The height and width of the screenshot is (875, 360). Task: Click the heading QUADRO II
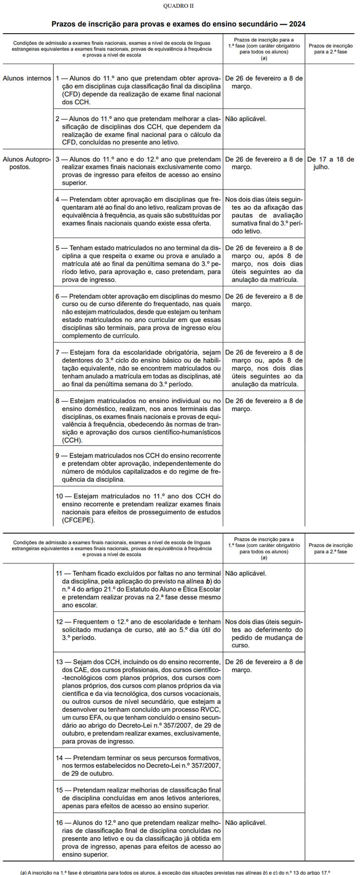179,5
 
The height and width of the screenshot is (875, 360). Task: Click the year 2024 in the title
297,24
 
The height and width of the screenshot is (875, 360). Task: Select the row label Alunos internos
27,78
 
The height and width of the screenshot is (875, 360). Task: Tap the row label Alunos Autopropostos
27,163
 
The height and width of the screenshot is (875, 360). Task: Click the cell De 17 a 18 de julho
330,163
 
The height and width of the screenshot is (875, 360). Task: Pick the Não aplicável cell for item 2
246,119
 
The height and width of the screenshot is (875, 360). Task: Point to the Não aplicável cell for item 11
246,573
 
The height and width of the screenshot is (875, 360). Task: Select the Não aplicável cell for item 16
246,823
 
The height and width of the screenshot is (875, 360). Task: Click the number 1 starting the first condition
57,78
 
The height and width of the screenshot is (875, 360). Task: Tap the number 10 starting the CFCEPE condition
60,496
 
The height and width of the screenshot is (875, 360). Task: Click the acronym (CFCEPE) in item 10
78,520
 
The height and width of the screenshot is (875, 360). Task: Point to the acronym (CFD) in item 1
72,94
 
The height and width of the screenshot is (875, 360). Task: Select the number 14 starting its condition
60,758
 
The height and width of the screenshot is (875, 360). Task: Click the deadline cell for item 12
264,633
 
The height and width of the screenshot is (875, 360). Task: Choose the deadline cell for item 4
264,215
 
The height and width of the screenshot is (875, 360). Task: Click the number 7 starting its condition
57,353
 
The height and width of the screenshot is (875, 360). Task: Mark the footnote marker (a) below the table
23,873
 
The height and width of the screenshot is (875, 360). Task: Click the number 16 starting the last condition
60,823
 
